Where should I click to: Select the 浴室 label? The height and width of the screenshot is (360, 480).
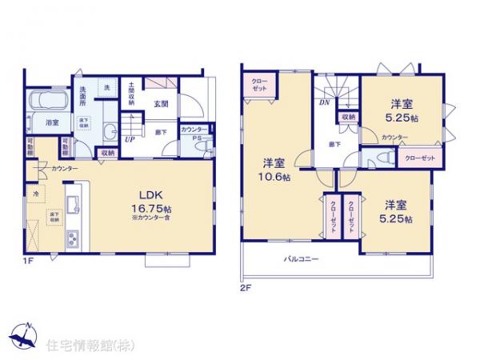click(x=51, y=122)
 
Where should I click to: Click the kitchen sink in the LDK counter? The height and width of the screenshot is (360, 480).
click(x=70, y=202)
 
